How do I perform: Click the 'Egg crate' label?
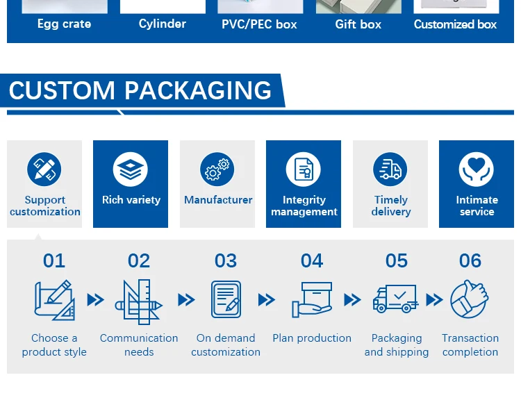pyautogui.click(x=63, y=24)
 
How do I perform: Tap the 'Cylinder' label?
pyautogui.click(x=163, y=24)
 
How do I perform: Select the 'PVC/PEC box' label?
pyautogui.click(x=259, y=24)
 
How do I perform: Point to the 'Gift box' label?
pyautogui.click(x=358, y=24)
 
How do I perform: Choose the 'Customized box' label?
pyautogui.click(x=456, y=24)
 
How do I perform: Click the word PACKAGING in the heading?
pyautogui.click(x=198, y=91)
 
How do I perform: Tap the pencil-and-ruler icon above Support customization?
pyautogui.click(x=44, y=169)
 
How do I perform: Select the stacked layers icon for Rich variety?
pyautogui.click(x=131, y=169)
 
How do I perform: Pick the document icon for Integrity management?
pyautogui.click(x=304, y=169)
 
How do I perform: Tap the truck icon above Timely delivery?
pyautogui.click(x=390, y=169)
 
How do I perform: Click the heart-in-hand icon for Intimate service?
pyautogui.click(x=477, y=169)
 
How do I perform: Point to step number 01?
pyautogui.click(x=54, y=260)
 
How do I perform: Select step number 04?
pyautogui.click(x=312, y=260)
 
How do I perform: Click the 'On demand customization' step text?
pyautogui.click(x=226, y=345)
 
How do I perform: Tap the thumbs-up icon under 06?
pyautogui.click(x=470, y=299)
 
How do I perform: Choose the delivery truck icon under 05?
pyautogui.click(x=395, y=299)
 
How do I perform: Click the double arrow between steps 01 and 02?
pyautogui.click(x=95, y=300)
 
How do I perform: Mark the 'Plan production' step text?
pyautogui.click(x=312, y=338)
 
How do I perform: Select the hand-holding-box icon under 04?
pyautogui.click(x=312, y=299)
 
